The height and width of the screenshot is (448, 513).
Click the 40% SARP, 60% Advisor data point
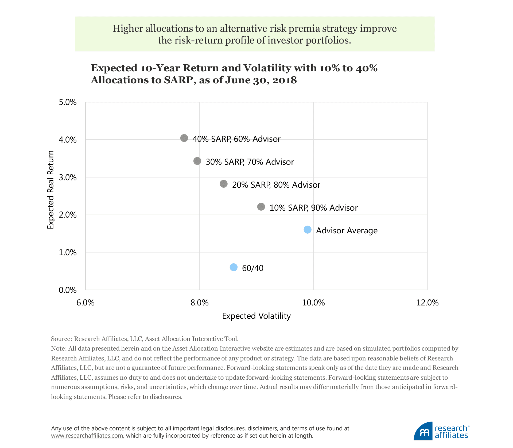(184, 138)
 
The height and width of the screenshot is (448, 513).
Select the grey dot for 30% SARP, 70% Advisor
(197, 161)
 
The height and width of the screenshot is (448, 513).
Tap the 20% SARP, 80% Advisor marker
(224, 184)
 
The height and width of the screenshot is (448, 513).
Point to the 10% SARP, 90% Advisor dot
(261, 207)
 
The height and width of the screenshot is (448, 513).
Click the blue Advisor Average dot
(308, 230)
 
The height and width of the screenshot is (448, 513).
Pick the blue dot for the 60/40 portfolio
(234, 267)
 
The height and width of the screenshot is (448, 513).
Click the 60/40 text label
(252, 268)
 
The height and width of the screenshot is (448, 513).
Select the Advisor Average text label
(347, 230)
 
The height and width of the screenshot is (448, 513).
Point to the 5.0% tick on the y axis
(68, 102)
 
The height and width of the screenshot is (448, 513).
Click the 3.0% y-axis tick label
(68, 177)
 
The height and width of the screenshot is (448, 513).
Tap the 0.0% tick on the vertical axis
(68, 290)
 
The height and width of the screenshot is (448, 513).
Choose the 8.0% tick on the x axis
(199, 302)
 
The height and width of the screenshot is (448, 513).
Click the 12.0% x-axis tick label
(427, 302)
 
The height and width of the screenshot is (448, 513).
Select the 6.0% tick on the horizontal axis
(85, 302)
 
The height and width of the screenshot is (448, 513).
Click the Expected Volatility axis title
(256, 316)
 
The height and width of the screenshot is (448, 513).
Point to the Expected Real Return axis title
(50, 190)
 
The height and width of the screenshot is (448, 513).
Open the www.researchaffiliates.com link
(87, 436)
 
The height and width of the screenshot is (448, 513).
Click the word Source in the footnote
(61, 339)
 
